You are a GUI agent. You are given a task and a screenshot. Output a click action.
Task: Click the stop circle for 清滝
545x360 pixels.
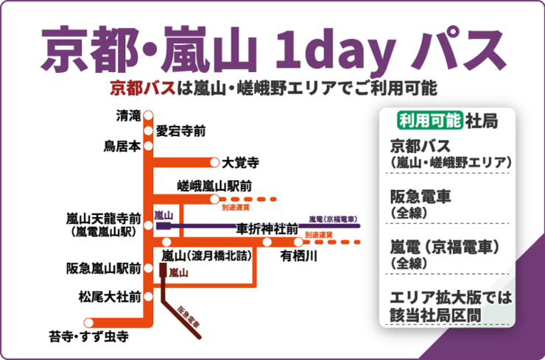pos(148,115)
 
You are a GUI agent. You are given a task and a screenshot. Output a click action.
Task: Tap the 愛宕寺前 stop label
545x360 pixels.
pos(180,131)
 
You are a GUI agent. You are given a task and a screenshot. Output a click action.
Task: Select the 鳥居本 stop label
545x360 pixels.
pos(122,146)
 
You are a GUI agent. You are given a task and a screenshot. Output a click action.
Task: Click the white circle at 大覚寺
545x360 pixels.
pos(214,161)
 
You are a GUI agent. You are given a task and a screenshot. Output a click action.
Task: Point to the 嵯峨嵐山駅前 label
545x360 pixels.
pos(216,185)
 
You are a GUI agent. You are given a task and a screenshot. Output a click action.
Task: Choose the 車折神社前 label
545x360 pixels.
pos(267,228)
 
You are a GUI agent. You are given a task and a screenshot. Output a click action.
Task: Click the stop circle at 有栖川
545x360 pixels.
pos(298,241)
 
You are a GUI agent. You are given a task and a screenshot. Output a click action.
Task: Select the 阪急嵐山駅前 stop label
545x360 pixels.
pos(104,269)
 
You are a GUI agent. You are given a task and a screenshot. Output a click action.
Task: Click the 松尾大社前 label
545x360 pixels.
pos(110,298)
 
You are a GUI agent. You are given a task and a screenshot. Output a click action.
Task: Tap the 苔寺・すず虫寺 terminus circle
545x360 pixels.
pos(89,322)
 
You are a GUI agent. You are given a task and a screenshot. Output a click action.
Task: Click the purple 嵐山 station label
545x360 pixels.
pos(163,215)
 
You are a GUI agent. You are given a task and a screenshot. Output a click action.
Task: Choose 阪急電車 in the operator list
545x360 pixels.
pos(421,197)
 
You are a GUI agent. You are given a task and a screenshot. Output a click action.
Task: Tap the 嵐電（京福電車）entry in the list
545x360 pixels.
pos(445,247)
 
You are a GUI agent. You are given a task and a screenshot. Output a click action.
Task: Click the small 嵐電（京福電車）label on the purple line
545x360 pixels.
pos(333,219)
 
